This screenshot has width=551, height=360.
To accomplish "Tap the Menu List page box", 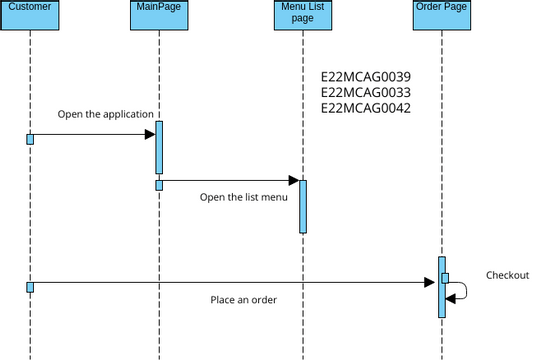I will pyautogui.click(x=302, y=15).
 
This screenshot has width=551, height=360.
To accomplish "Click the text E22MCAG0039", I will pyautogui.click(x=365, y=77).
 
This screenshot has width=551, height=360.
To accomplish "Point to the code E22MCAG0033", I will pyautogui.click(x=365, y=92).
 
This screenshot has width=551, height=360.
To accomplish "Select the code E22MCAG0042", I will pyautogui.click(x=365, y=108).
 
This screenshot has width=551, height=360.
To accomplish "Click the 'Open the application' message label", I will pyautogui.click(x=105, y=114).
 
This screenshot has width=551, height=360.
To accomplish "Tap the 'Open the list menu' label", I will pyautogui.click(x=243, y=197).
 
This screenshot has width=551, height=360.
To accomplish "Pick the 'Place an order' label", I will pyautogui.click(x=243, y=300).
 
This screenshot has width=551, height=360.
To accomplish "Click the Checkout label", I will pyautogui.click(x=507, y=275).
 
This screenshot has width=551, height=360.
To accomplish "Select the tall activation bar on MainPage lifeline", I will pyautogui.click(x=158, y=147).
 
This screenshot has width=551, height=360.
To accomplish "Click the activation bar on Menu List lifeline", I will pyautogui.click(x=302, y=206).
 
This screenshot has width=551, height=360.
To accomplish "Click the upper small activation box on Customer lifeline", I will pyautogui.click(x=30, y=138).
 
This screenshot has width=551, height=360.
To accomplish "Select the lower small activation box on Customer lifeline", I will pyautogui.click(x=30, y=287).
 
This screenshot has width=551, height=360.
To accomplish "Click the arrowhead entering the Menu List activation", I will pyautogui.click(x=293, y=181).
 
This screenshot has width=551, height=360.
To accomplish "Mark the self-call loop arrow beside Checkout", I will pyautogui.click(x=462, y=290).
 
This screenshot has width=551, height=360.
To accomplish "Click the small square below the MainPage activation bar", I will pyautogui.click(x=158, y=185).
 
